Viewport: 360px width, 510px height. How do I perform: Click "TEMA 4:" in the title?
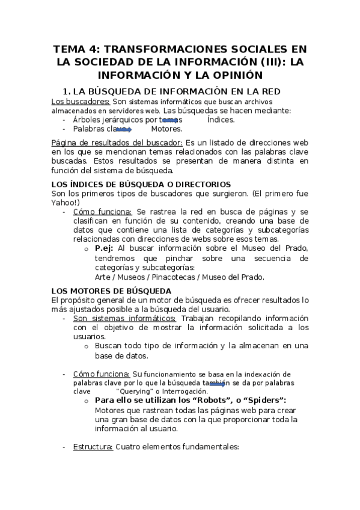[76, 49]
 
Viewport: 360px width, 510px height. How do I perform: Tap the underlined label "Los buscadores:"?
[80, 101]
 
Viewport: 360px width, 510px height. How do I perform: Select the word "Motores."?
[166, 129]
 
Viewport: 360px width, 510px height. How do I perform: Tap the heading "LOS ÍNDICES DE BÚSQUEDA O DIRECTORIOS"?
[141, 184]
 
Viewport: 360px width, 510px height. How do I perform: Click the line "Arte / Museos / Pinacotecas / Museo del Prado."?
[179, 277]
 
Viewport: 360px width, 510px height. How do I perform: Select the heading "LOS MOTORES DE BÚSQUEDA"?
[111, 290]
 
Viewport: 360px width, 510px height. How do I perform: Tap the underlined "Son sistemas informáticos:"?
[124, 318]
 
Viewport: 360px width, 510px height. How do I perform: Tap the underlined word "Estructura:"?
[93, 447]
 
